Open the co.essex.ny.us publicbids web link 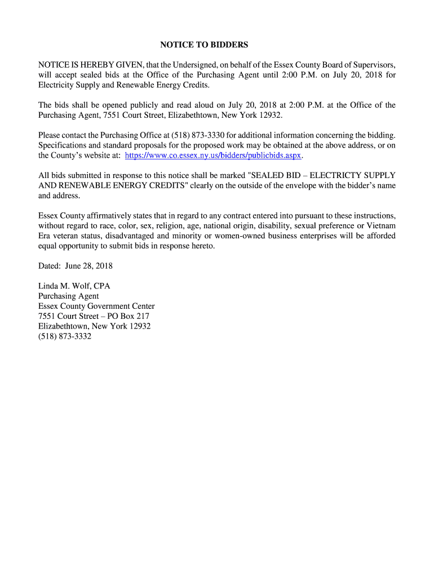[x=214, y=155]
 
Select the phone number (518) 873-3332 [x=65, y=336]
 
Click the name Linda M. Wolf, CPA [x=74, y=286]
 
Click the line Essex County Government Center [x=96, y=306]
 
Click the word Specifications [x=61, y=145]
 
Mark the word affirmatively [x=110, y=216]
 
